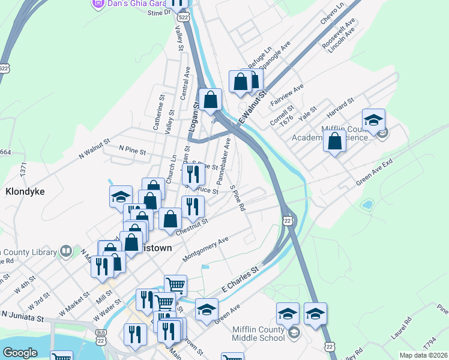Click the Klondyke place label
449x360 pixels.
coord(26,192)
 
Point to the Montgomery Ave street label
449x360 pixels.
coord(206,249)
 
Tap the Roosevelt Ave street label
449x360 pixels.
coord(339,34)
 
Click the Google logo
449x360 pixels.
coord(20,353)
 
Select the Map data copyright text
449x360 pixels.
coord(424,355)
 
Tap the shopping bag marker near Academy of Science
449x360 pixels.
coord(335,142)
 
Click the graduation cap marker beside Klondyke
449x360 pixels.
coord(121,196)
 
